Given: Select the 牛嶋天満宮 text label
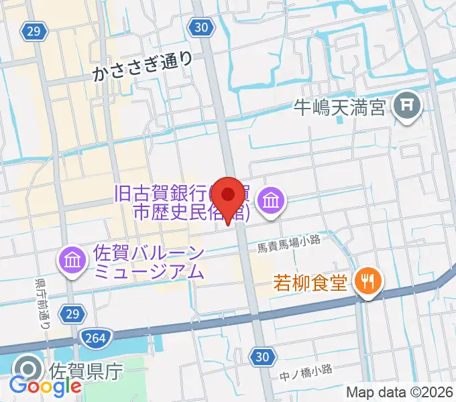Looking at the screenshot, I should [x=341, y=107].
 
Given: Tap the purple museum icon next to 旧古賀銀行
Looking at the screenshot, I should [x=272, y=200].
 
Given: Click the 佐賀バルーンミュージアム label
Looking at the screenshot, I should [x=148, y=263].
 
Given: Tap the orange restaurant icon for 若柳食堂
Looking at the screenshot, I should [x=367, y=280].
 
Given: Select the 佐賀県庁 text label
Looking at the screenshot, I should [x=77, y=369].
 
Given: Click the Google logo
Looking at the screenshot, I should [x=45, y=387].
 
